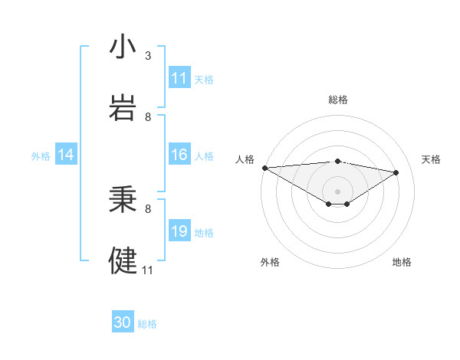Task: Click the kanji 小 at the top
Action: click(123, 47)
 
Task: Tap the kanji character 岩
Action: click(123, 107)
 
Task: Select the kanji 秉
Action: click(123, 201)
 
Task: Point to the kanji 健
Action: click(123, 260)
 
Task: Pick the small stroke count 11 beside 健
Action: click(148, 270)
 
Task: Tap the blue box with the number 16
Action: click(179, 155)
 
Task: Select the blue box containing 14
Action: click(66, 155)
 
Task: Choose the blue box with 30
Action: click(123, 323)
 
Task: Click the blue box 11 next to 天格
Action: click(179, 78)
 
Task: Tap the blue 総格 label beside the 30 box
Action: click(147, 324)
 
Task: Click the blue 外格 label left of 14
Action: click(41, 156)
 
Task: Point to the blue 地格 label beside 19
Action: click(204, 233)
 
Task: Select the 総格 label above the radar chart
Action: click(337, 100)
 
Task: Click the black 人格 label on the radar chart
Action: click(245, 159)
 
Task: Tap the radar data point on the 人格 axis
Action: click(264, 167)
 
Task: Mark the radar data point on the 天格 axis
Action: click(396, 172)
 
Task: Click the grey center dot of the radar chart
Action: click(337, 191)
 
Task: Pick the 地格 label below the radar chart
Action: click(402, 262)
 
